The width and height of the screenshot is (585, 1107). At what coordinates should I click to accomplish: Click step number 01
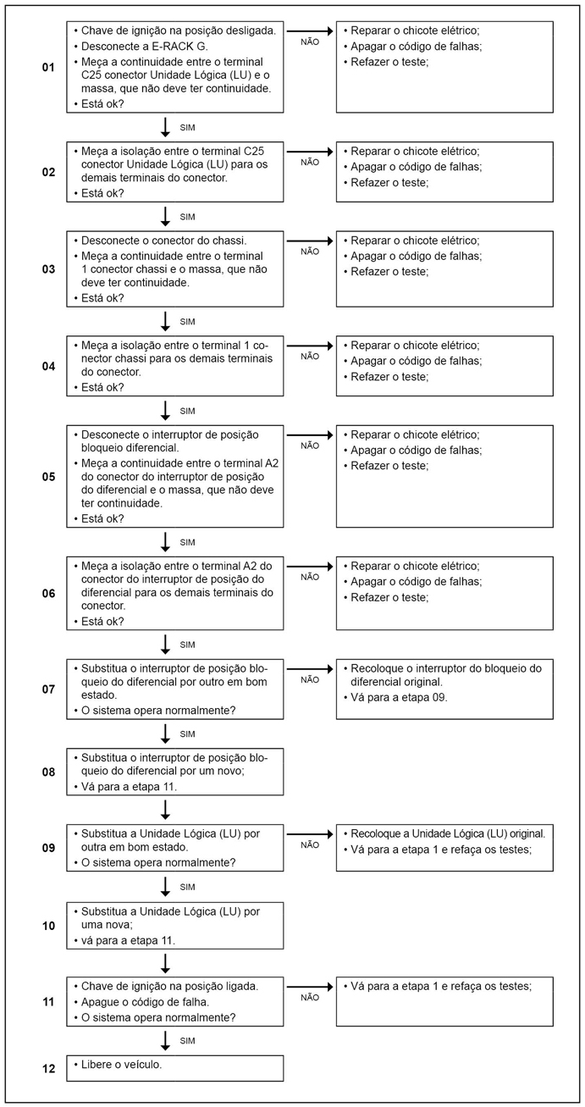pyautogui.click(x=48, y=66)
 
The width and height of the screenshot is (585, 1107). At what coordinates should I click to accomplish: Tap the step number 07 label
pyautogui.click(x=48, y=689)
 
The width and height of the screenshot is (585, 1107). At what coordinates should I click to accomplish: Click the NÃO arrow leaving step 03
pyautogui.click(x=311, y=241)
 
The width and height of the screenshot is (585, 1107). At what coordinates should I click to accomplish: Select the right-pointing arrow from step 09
pyautogui.click(x=311, y=833)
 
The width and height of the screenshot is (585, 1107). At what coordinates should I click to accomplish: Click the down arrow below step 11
pyautogui.click(x=166, y=1040)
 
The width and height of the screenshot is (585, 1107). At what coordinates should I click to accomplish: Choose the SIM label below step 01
pyautogui.click(x=188, y=127)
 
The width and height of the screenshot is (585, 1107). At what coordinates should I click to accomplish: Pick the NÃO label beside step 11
pyautogui.click(x=310, y=998)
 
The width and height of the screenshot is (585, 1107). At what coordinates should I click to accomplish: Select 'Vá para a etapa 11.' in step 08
pyautogui.click(x=129, y=786)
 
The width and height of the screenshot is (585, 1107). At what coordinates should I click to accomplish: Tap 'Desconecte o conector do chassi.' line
pyautogui.click(x=163, y=240)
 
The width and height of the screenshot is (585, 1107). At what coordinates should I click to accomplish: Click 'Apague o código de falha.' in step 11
pyautogui.click(x=145, y=1002)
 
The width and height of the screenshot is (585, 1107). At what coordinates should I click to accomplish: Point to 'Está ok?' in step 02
pyautogui.click(x=102, y=193)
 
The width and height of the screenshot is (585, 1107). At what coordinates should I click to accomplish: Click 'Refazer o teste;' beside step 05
pyautogui.click(x=389, y=465)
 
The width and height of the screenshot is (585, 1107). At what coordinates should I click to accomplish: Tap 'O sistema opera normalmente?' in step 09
pyautogui.click(x=157, y=862)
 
